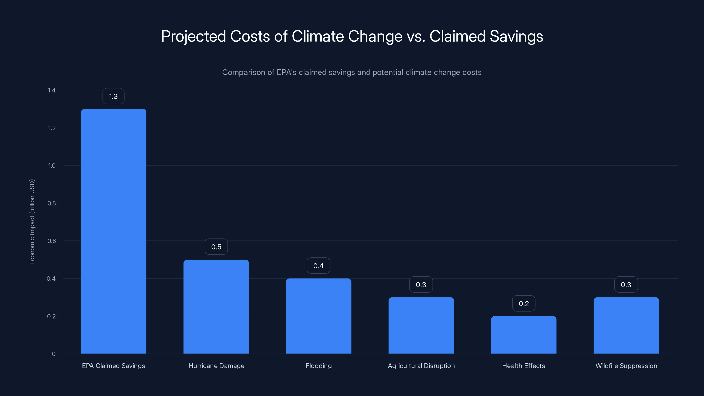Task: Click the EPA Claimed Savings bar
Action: [114, 231]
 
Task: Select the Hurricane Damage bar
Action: [216, 306]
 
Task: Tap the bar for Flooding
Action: [318, 316]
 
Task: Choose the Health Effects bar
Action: [524, 335]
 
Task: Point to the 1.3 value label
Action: [114, 96]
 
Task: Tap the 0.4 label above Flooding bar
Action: [318, 266]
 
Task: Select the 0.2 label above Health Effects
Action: [524, 304]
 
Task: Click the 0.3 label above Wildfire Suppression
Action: [626, 285]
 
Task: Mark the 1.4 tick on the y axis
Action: [52, 90]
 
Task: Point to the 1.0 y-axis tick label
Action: [52, 166]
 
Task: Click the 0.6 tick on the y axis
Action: [52, 241]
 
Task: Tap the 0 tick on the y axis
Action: [53, 354]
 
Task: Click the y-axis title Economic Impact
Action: [32, 222]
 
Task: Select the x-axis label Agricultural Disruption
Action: [421, 366]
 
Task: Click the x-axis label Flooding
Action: [318, 366]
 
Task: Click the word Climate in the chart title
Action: [317, 36]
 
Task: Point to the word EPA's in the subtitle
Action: [286, 72]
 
